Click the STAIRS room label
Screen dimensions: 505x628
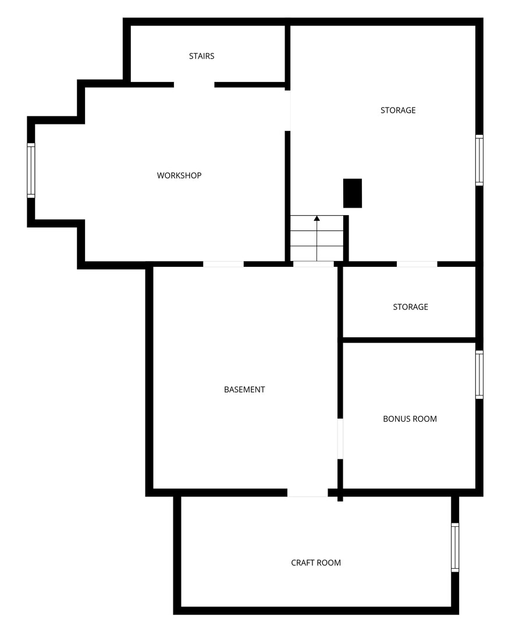coord(202,56)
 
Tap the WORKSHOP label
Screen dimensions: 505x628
coord(179,176)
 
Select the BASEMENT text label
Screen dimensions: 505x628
coord(244,390)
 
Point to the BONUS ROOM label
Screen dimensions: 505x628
coord(410,419)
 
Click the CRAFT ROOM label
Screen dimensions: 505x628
coord(316,563)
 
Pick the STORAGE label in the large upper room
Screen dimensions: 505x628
coord(398,110)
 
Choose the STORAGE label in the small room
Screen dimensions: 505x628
coord(410,307)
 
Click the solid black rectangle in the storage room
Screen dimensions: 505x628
coord(353,193)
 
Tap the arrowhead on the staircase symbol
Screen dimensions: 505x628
coord(317,218)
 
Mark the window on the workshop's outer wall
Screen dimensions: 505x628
coord(31,170)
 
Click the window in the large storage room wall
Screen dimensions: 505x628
coord(479,160)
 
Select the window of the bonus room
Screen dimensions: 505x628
coord(479,374)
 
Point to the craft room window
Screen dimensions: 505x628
coord(455,548)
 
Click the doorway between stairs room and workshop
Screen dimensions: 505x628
coord(194,84)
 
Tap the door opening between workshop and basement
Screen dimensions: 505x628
coord(223,265)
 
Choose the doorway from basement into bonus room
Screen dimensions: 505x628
coord(340,439)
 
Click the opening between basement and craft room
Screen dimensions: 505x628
coord(307,493)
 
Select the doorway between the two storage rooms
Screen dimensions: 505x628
coord(417,265)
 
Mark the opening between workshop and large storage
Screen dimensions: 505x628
coord(288,110)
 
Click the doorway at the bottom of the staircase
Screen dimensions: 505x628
coord(314,265)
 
